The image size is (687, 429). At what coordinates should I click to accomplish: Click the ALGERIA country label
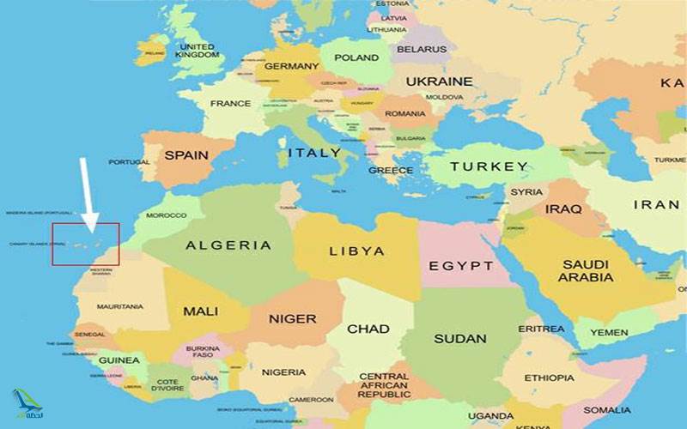click(228, 245)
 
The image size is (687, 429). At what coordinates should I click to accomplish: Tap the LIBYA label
click(356, 251)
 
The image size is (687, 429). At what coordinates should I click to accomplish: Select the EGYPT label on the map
click(461, 266)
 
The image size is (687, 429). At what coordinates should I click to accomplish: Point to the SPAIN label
click(186, 155)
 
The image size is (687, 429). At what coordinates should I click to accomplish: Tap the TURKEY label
click(489, 166)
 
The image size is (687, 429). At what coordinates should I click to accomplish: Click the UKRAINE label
click(439, 82)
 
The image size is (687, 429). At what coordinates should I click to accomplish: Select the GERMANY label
click(291, 66)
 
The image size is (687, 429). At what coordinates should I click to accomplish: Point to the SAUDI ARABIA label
click(587, 271)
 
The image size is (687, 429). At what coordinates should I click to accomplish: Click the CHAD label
click(368, 329)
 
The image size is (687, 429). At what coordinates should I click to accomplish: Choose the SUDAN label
click(460, 338)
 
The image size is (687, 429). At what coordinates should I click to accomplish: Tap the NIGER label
click(292, 319)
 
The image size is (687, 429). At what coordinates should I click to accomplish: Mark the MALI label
click(201, 311)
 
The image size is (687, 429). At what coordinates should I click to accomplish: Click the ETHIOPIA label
click(549, 378)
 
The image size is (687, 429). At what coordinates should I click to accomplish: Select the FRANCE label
click(230, 104)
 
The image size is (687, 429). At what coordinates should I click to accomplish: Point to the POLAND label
click(356, 57)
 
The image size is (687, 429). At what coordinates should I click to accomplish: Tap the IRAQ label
click(563, 208)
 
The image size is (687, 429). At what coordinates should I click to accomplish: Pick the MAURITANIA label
click(119, 306)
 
